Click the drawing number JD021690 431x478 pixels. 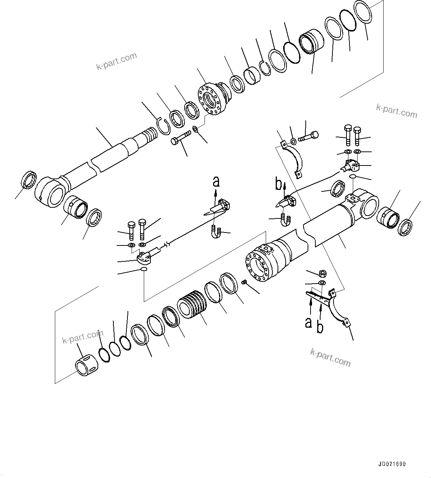click(392, 464)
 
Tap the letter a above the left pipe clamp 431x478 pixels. click(216, 181)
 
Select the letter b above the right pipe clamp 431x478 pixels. click(279, 184)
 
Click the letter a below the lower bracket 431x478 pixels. click(308, 322)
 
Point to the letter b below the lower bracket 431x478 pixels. click(320, 327)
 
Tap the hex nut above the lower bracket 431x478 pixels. click(322, 274)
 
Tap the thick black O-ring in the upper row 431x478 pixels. click(292, 53)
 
